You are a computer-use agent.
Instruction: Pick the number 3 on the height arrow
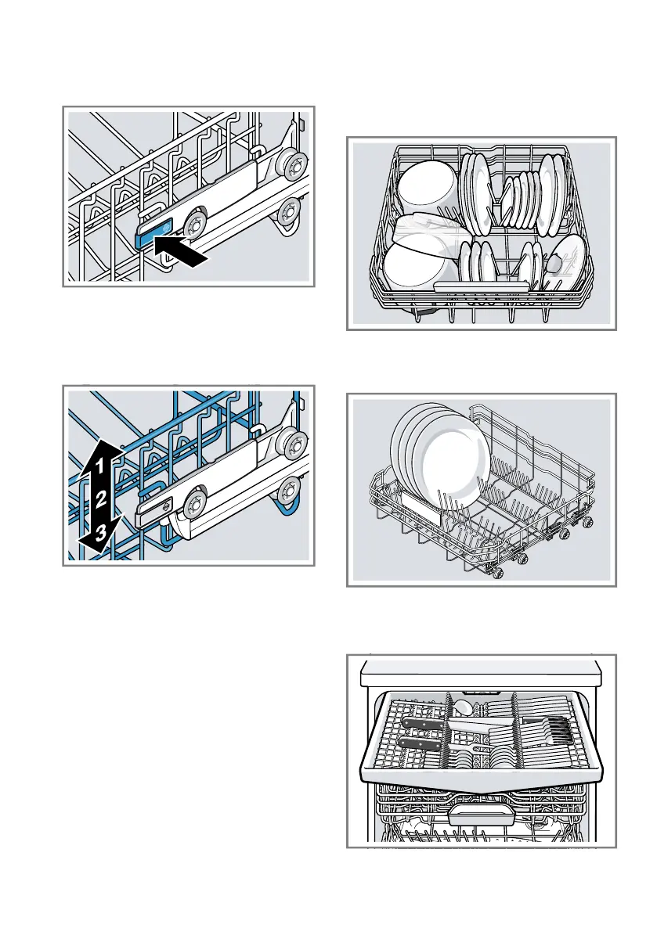(x=98, y=531)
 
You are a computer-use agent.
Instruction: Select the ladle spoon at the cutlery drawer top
(x=468, y=708)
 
